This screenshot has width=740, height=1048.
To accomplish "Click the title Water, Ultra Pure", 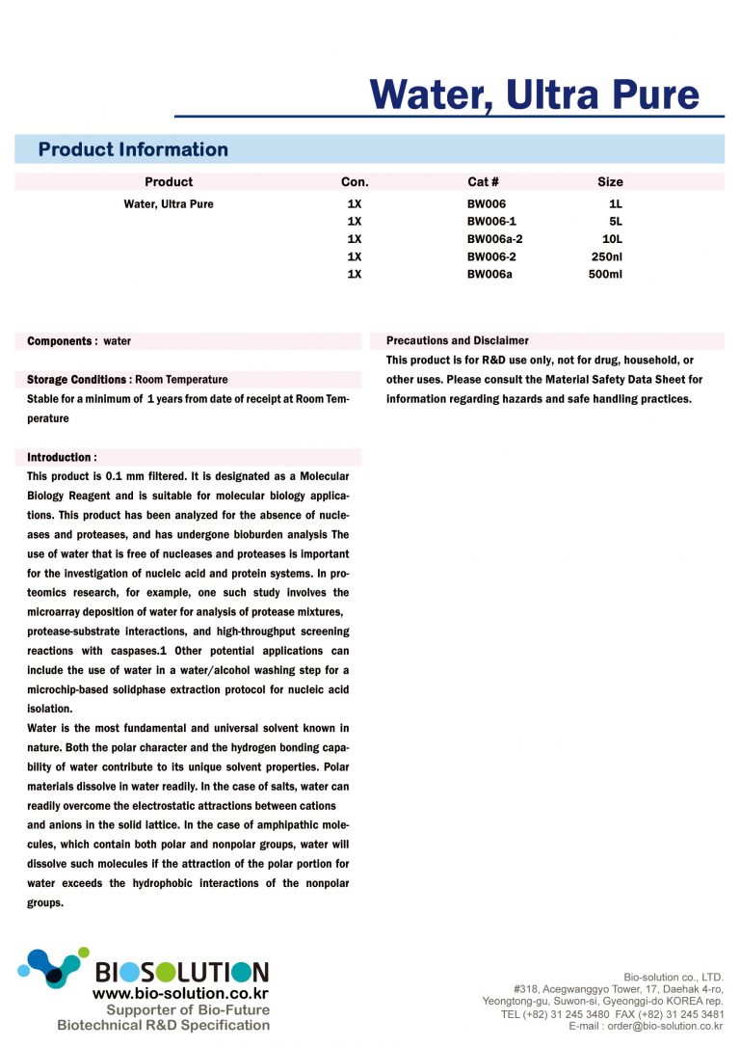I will click(534, 94).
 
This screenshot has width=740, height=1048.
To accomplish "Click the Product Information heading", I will click(133, 149).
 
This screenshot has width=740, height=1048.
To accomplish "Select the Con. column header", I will click(355, 181).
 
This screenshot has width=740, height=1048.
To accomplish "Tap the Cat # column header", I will click(483, 181).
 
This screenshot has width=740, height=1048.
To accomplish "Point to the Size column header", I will click(610, 181).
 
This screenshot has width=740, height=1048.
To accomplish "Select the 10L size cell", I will click(612, 239).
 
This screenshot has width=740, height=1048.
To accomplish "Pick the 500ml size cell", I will click(605, 274).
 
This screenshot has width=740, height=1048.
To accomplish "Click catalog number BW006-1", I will click(491, 222).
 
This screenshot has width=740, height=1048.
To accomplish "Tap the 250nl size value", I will click(607, 256).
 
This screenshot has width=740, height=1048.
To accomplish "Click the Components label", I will click(62, 341).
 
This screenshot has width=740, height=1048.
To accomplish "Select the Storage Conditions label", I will click(79, 380).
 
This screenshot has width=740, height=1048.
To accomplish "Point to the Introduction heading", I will click(62, 457).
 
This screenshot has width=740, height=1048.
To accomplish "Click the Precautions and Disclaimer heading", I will click(457, 340).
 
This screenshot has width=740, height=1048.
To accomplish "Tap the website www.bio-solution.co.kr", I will click(180, 993).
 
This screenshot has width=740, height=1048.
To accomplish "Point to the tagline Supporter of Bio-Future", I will click(188, 1009).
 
